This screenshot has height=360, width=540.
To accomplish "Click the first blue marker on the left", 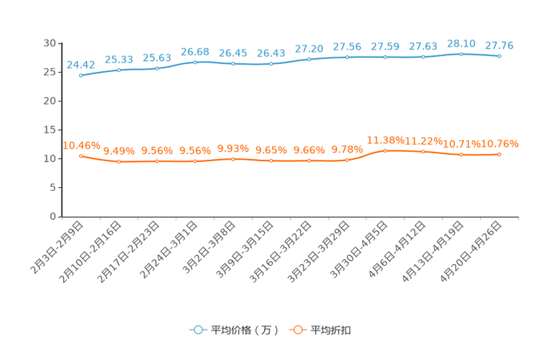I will click(x=81, y=74).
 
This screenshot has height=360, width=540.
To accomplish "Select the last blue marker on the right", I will click(x=499, y=56).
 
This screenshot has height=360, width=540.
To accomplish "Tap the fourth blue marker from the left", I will click(x=195, y=62).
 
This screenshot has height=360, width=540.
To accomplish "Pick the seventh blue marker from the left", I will click(x=308, y=59).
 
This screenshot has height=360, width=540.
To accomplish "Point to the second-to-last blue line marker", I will click(x=461, y=54).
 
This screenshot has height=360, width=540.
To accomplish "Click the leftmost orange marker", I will click(x=81, y=156).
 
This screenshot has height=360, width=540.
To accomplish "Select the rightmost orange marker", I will click(x=499, y=154).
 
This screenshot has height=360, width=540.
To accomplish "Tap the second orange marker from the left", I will click(x=118, y=161).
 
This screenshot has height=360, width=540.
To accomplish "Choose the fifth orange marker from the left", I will click(x=232, y=159).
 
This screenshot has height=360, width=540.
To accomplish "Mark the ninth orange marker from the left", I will click(x=385, y=150).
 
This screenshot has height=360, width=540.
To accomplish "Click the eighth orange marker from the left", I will click(x=347, y=160).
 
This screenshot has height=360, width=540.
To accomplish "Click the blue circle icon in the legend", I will click(x=197, y=330).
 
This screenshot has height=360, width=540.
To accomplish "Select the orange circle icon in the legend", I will click(x=297, y=330).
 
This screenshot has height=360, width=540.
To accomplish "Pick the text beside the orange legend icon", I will click(x=332, y=330).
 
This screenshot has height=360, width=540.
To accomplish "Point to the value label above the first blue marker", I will click(x=81, y=65).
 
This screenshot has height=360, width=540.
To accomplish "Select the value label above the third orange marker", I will click(x=157, y=151).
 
